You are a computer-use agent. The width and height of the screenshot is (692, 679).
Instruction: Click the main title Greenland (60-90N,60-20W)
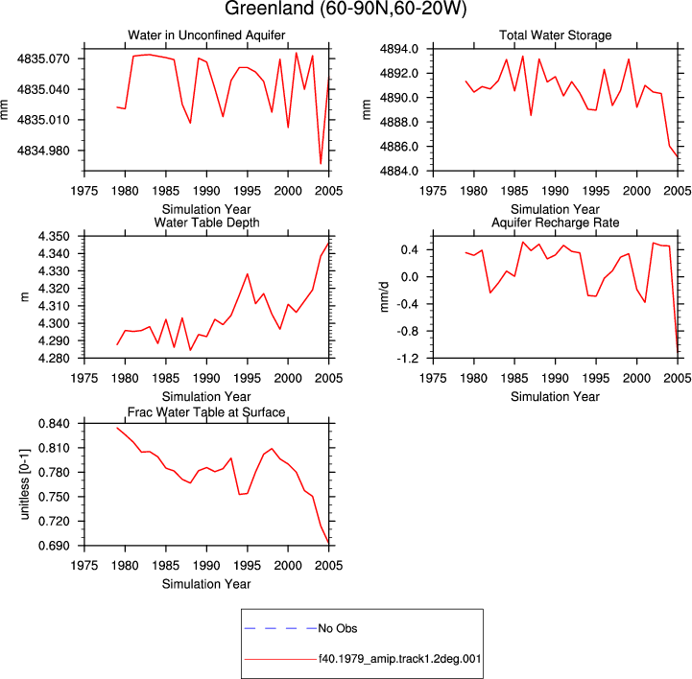346,9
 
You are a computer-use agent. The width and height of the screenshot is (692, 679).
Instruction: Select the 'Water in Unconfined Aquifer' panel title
206,35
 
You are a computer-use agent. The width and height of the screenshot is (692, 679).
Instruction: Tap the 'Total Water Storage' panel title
555,35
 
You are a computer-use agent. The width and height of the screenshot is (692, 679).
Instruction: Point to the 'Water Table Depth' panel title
206,222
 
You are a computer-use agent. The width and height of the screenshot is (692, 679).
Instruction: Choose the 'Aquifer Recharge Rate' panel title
555,222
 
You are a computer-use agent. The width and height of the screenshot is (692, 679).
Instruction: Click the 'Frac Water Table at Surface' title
206,412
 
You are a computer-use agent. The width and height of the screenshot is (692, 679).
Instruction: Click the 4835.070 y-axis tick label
43,59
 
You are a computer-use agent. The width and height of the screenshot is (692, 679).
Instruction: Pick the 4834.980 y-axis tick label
43,151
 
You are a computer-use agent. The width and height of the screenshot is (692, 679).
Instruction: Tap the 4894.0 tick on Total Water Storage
399,49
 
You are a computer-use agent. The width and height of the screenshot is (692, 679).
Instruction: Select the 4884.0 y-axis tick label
399,171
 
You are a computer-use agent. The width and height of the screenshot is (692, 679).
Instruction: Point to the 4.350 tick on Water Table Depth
54,237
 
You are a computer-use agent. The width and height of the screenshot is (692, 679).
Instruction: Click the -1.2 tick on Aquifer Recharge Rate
407,359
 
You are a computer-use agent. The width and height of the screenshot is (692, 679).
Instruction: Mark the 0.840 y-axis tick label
54,424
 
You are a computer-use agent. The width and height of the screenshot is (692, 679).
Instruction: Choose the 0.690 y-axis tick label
54,546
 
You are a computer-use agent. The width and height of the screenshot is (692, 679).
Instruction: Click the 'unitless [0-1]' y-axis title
25,484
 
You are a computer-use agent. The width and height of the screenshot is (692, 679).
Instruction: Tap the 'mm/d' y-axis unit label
385,296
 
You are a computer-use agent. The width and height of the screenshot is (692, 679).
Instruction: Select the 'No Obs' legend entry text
338,628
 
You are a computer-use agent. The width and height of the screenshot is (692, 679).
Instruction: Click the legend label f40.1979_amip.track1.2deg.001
400,659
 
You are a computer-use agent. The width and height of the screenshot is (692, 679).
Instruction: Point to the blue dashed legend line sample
280,628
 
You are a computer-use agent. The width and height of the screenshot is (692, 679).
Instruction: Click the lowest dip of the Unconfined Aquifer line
321,164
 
